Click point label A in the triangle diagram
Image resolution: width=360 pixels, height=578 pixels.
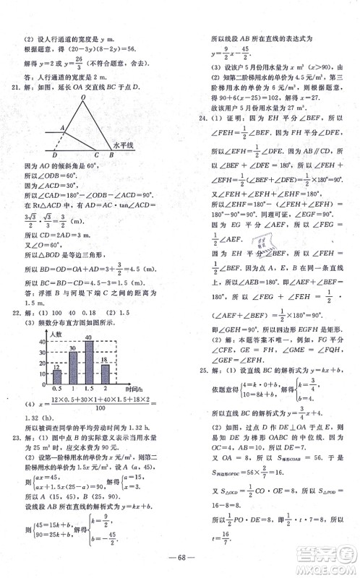63,128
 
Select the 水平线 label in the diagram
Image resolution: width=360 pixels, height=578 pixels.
124,146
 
